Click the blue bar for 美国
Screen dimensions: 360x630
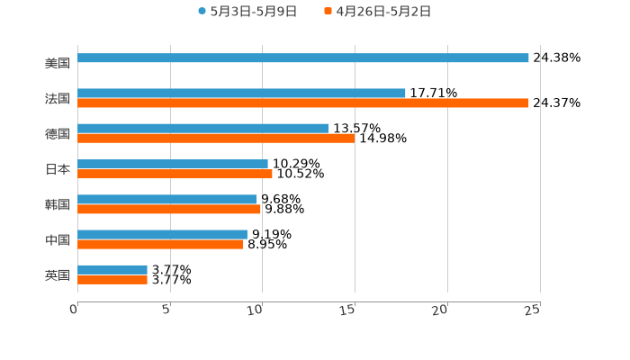(x=303, y=58)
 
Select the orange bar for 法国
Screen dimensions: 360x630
(x=303, y=103)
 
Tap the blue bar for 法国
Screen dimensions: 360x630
(x=241, y=93)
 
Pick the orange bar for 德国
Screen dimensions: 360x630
(x=216, y=139)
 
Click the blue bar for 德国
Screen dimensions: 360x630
(x=202, y=129)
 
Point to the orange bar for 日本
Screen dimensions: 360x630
(x=175, y=174)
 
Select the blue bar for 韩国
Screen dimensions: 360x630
(x=167, y=199)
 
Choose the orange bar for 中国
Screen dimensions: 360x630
(x=160, y=244)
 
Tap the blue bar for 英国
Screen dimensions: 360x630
(x=112, y=269)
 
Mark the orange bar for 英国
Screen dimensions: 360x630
(x=112, y=280)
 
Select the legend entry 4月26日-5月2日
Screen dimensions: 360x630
(x=383, y=12)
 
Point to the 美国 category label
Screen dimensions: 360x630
(x=58, y=64)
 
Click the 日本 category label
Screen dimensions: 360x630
(x=58, y=169)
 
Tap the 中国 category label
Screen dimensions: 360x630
(x=58, y=239)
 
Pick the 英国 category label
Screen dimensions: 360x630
(x=58, y=274)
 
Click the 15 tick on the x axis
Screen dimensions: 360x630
(x=351, y=310)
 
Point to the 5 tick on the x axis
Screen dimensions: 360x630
(x=167, y=310)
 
